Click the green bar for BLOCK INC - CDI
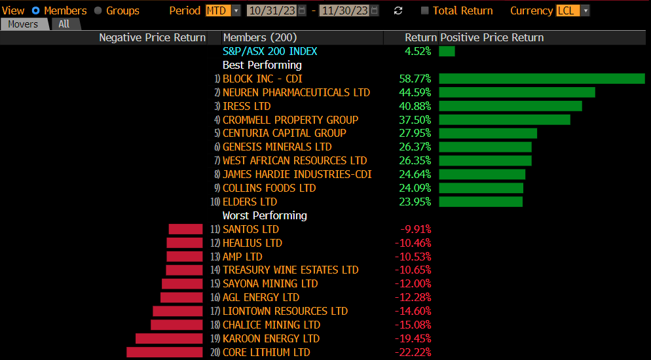tap(542, 79)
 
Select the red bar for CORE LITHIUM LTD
tap(164, 352)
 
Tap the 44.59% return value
tap(415, 92)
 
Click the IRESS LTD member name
tap(247, 106)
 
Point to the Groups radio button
tap(98, 10)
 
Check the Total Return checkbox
tap(425, 10)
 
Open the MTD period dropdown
tap(223, 10)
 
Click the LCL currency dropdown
tap(572, 10)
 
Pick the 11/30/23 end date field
tap(346, 10)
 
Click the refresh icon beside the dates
tap(398, 10)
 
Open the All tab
tap(64, 24)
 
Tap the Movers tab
tap(24, 24)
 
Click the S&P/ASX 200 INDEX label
tap(270, 51)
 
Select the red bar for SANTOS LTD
tap(185, 229)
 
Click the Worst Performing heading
tap(265, 215)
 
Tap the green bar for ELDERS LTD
tap(481, 202)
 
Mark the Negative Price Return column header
tap(152, 37)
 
